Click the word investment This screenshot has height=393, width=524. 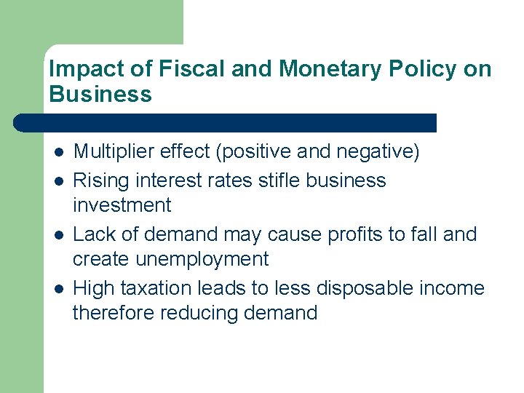pos(122,205)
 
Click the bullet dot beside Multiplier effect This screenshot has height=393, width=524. pos(57,153)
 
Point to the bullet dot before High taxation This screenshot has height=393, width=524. pos(57,289)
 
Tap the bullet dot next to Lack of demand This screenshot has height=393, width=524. pos(57,235)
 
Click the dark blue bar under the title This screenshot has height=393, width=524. pos(226,122)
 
